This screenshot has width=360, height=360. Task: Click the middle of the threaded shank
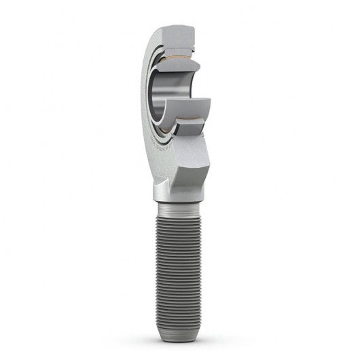[x=180, y=272]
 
